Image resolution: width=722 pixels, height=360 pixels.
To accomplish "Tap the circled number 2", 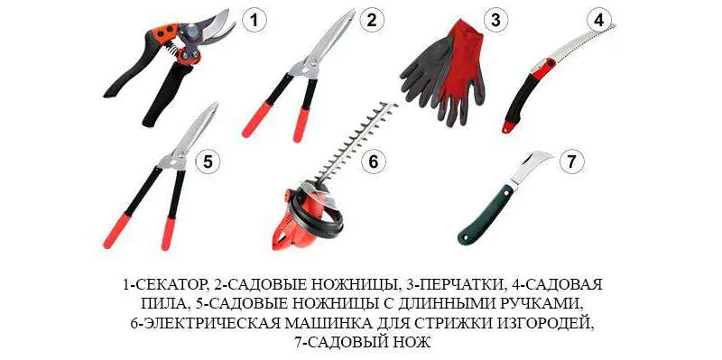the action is click(372, 20).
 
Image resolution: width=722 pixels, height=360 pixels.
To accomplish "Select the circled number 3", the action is click(495, 20).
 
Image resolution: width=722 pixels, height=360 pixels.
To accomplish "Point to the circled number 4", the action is click(598, 20).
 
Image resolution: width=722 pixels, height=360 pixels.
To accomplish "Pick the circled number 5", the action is click(208, 162).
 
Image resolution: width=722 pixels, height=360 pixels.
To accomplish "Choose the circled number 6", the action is click(373, 162).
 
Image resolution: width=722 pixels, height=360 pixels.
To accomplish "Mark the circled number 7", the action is click(571, 162).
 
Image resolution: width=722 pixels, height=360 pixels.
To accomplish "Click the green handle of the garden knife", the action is click(485, 214).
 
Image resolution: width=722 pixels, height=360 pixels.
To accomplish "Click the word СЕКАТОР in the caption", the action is click(167, 284).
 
